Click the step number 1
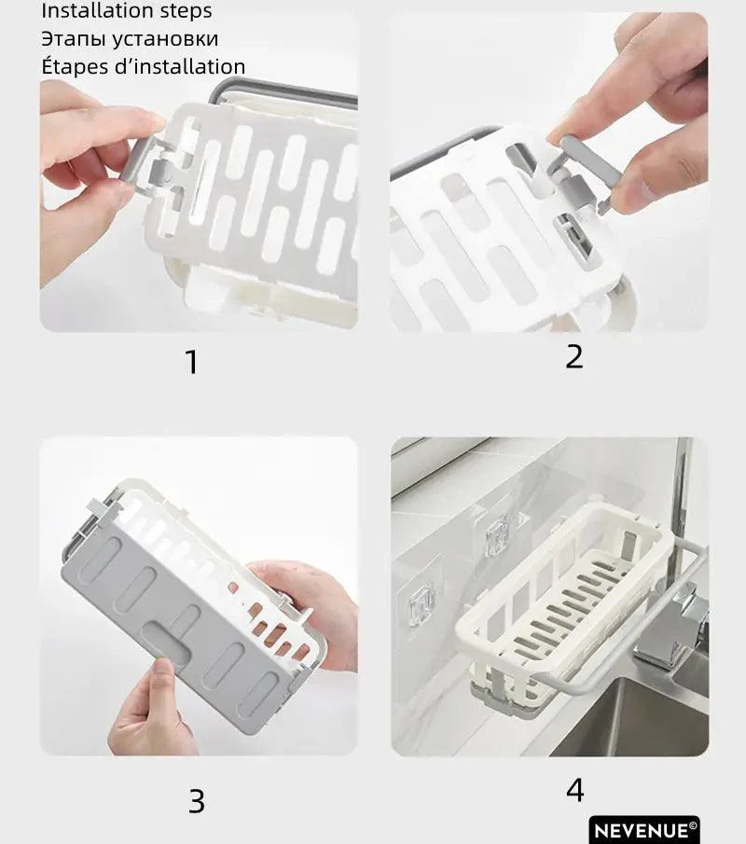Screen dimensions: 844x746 tap(192, 362)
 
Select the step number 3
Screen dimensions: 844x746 tap(196, 800)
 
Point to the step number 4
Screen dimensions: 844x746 tap(574, 790)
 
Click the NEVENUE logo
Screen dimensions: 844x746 tap(643, 829)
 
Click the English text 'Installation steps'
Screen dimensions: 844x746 tap(127, 11)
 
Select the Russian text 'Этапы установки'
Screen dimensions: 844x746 tap(130, 39)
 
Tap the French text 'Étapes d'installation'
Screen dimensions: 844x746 tap(143, 66)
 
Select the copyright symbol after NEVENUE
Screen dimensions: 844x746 tap(693, 824)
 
